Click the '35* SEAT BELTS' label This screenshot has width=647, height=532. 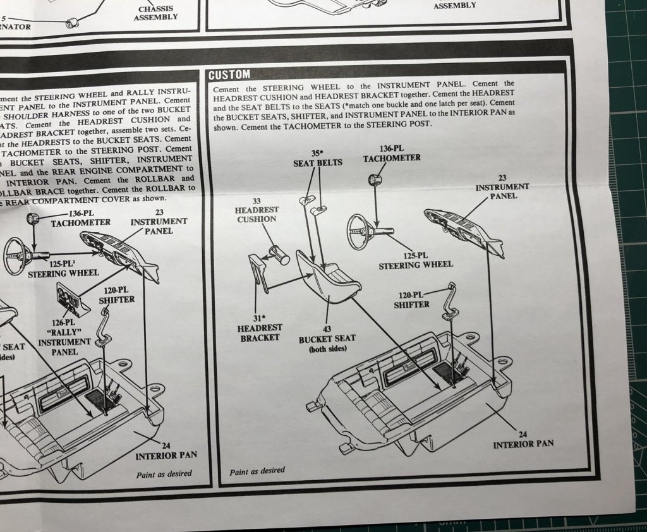[x=317, y=157]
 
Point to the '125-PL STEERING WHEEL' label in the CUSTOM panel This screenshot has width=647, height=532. [x=416, y=260]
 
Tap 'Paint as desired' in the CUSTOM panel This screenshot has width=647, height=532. [x=257, y=471]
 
